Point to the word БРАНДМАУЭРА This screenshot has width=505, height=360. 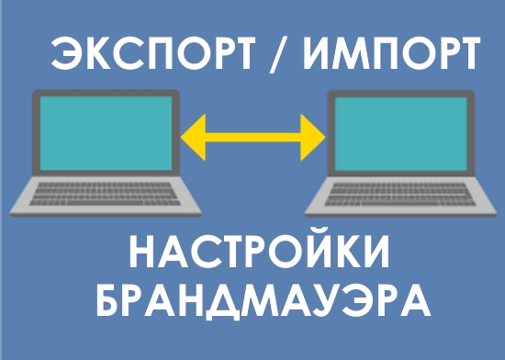[262, 300]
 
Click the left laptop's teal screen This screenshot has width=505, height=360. [103, 129]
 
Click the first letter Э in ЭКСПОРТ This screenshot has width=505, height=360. [66, 57]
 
